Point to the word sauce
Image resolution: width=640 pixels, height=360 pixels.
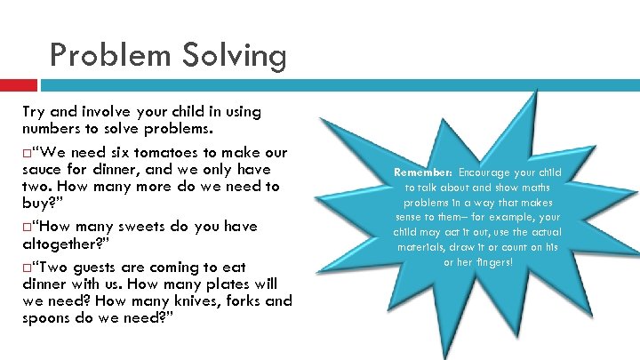44,169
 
